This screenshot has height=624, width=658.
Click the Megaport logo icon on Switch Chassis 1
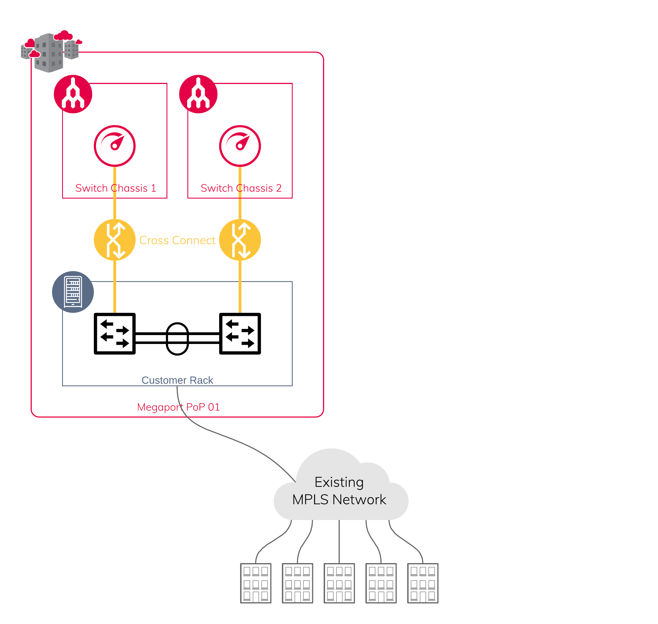coord(73,94)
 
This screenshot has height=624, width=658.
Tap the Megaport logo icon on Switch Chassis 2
coord(198,94)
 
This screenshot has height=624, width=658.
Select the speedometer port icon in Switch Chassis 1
coord(114,146)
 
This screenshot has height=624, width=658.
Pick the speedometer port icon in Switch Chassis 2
coord(240,146)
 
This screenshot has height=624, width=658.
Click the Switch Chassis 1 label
coord(116,188)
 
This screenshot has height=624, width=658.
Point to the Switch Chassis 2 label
coord(241,188)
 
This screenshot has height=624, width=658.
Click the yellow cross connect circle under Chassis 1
coord(114,240)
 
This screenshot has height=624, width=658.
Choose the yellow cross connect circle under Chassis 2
coord(240,240)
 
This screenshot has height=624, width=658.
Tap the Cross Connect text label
coord(177,240)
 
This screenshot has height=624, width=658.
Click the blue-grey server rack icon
coord(73,292)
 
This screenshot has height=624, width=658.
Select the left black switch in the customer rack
coord(114,334)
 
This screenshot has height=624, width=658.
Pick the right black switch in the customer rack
coord(240,334)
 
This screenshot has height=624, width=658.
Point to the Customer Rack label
coord(177,380)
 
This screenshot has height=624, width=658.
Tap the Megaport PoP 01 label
coord(178,407)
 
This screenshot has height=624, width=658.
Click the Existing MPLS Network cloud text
coord(339,491)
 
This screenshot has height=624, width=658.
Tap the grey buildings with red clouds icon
coord(51,51)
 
